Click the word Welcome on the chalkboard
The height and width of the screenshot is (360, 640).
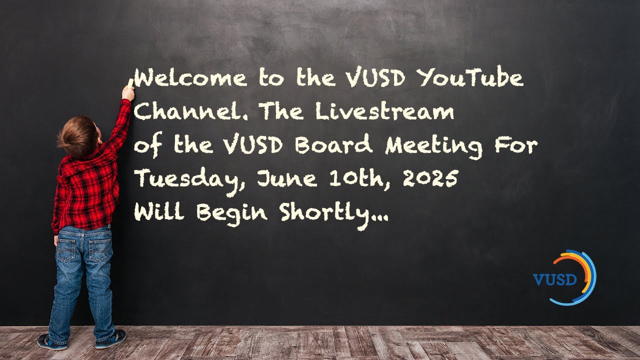click(x=190, y=79)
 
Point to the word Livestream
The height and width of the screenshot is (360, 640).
click(x=384, y=112)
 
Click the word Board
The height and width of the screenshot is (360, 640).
click(x=333, y=146)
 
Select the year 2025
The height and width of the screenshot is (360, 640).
click(x=430, y=179)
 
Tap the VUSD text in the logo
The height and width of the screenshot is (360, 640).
click(x=554, y=279)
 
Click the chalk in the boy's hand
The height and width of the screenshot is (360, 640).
click(x=131, y=82)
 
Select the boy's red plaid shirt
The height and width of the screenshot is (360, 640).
click(x=87, y=190)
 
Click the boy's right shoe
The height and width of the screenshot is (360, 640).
click(x=110, y=339)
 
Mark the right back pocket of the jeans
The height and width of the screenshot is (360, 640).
click(x=100, y=250)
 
